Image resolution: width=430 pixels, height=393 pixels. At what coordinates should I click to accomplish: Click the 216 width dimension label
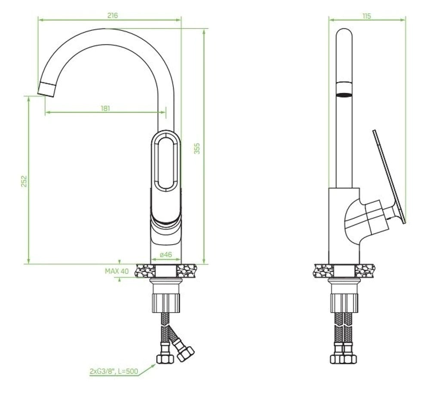click(x=113, y=15)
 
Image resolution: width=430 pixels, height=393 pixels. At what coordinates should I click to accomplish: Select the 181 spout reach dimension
click(x=105, y=108)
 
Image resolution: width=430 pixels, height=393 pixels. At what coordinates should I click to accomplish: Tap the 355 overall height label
click(x=197, y=148)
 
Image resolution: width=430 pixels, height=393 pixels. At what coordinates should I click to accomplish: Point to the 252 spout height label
click(x=24, y=181)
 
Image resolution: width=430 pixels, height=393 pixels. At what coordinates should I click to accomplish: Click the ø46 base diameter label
click(x=166, y=255)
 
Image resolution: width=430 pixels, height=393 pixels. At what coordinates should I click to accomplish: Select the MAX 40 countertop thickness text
click(x=117, y=271)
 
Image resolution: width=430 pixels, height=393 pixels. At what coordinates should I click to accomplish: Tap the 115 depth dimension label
click(x=366, y=16)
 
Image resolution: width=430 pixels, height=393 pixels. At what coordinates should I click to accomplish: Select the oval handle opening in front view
click(x=166, y=162)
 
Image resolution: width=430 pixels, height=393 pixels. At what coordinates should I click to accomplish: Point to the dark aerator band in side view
click(x=343, y=95)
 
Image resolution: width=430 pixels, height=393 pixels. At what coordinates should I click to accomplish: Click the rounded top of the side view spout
click(x=343, y=34)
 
